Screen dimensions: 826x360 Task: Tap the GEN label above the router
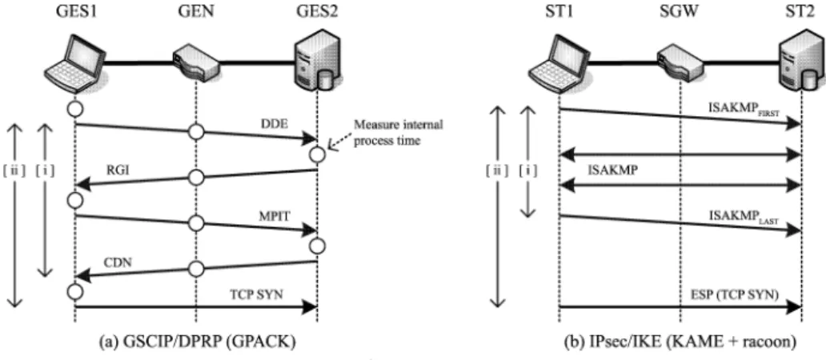(195, 11)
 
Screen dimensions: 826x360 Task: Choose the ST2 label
(800, 11)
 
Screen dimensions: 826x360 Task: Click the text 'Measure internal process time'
(399, 133)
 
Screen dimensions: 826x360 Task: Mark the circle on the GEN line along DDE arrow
(195, 131)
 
